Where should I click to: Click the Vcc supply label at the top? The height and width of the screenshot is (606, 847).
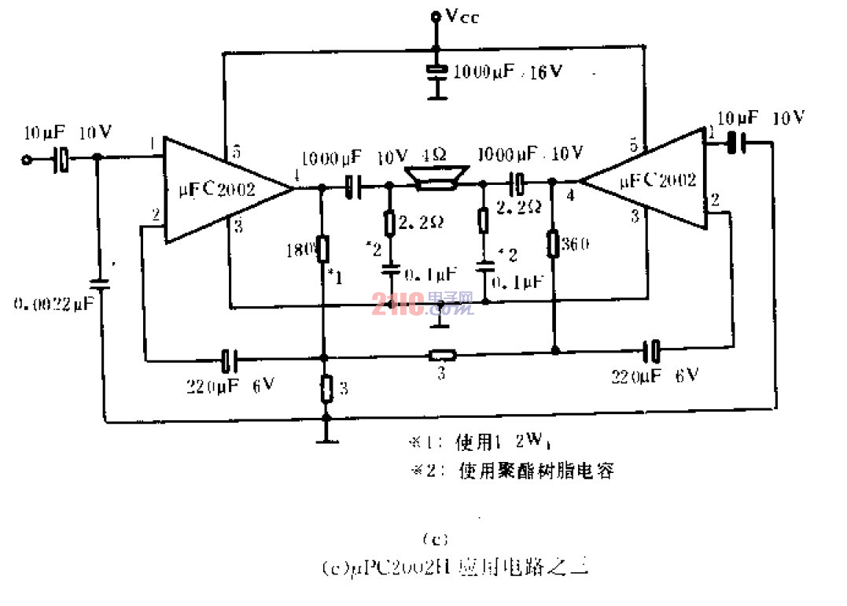[457, 16]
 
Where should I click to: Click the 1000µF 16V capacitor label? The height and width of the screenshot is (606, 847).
[507, 72]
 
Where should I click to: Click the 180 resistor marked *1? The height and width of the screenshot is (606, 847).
[322, 249]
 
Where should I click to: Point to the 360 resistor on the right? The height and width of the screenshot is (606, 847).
[554, 243]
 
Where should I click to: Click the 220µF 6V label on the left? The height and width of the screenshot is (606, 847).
[230, 386]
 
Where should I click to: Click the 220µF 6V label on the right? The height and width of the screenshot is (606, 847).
[654, 375]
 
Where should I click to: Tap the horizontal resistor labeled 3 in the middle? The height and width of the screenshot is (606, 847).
[442, 354]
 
